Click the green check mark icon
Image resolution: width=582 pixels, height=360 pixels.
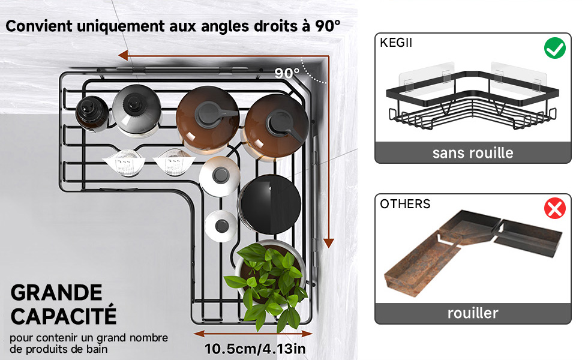[x=554, y=48]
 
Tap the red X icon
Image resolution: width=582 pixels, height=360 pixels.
[x=554, y=209]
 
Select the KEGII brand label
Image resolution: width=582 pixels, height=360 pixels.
[x=396, y=43]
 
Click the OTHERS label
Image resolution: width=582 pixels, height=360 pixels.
[x=405, y=204]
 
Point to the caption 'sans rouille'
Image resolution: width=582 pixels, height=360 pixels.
[x=473, y=152]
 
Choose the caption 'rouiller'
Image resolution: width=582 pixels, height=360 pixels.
[x=473, y=313]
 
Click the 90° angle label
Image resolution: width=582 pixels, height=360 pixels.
[x=287, y=73]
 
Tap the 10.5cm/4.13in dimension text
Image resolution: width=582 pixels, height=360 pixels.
[x=256, y=349]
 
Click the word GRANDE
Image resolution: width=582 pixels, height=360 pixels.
[x=56, y=293]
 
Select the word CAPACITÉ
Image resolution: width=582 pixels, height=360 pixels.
[x=63, y=315]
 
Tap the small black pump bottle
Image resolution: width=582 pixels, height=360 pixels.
[x=92, y=113]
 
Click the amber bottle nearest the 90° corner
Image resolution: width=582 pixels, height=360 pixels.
[x=275, y=127]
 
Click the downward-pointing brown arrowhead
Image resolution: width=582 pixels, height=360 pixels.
[x=328, y=242]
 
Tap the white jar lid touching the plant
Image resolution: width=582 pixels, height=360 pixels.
[x=220, y=225]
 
